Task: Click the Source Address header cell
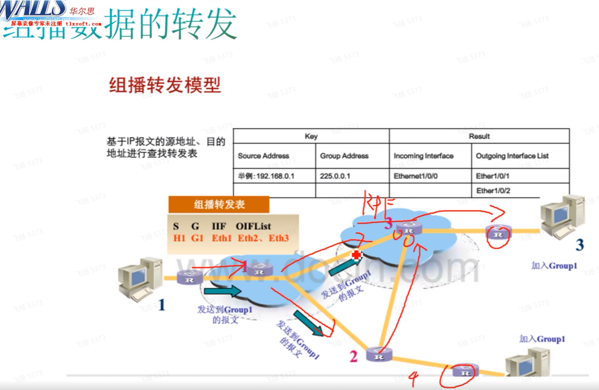click(264, 156)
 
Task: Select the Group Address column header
click(344, 156)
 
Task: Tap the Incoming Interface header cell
click(423, 156)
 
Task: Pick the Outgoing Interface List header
click(512, 156)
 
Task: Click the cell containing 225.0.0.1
click(335, 176)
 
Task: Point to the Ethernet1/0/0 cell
click(416, 176)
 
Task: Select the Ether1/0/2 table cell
click(493, 191)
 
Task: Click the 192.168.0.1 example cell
click(266, 176)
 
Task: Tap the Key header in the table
click(311, 136)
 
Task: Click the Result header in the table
click(479, 136)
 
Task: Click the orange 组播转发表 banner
click(219, 204)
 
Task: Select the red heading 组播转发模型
click(165, 85)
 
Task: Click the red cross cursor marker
click(356, 255)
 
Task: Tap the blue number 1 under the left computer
click(162, 305)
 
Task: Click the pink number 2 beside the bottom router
click(354, 356)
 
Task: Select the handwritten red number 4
click(413, 378)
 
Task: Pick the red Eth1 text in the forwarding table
click(222, 238)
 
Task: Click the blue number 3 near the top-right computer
click(579, 245)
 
